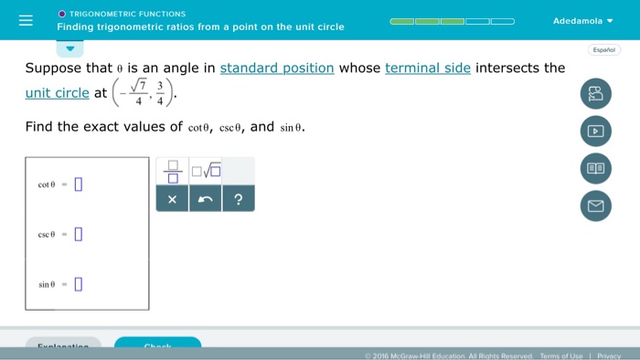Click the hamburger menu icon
[26, 20]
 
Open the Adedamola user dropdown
[582, 20]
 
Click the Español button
[603, 49]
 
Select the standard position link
[277, 68]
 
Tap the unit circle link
[58, 92]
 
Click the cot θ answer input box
[79, 184]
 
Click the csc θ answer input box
[79, 234]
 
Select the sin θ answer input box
[79, 283]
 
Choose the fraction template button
[172, 170]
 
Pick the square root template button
[206, 170]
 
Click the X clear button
[172, 199]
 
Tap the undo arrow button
[205, 199]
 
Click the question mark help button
[238, 199]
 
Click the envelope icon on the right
[595, 206]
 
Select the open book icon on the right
[595, 169]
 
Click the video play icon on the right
[595, 132]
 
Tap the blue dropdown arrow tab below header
[70, 48]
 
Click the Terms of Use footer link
[560, 355]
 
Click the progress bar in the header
[452, 20]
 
